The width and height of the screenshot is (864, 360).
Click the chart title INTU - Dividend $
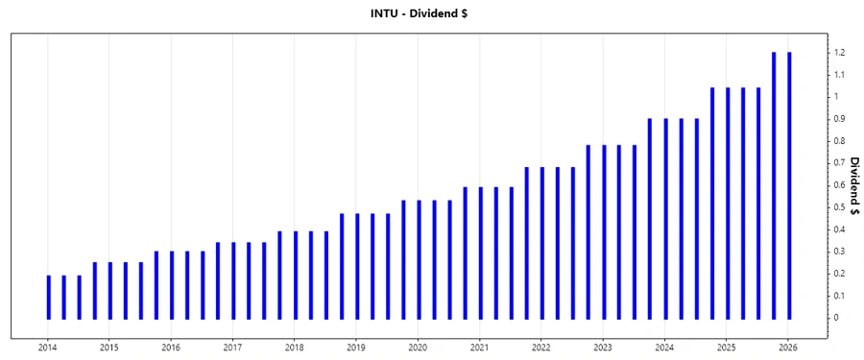431,13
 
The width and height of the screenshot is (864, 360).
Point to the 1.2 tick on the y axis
838,53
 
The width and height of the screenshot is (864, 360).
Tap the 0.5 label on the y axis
838,207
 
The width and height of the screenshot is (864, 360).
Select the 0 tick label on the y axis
836,318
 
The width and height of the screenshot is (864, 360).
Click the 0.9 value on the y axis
838,119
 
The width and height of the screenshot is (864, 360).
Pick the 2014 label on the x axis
48,346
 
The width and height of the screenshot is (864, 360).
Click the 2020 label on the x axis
418,346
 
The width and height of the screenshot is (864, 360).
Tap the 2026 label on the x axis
788,346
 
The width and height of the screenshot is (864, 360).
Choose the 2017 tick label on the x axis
232,346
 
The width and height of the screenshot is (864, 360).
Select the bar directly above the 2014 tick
48,297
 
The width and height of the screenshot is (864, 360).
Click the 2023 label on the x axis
603,346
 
